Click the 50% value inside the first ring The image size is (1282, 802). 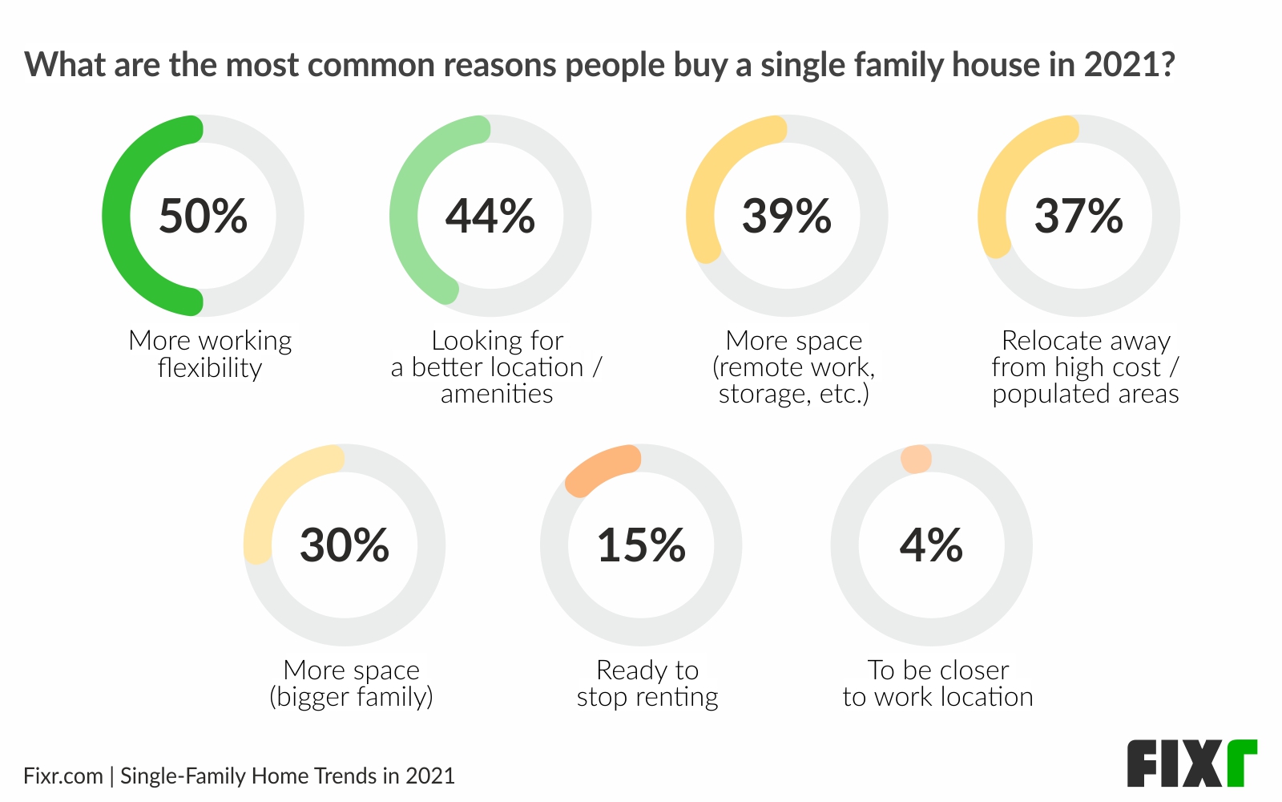tap(203, 217)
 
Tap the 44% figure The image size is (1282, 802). tap(490, 217)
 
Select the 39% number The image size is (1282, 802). tap(787, 217)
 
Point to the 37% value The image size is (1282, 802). tap(1078, 217)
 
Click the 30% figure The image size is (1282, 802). tap(345, 545)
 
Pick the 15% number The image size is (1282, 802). tap(641, 545)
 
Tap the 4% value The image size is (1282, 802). tap(931, 545)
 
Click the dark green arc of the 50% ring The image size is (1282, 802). tap(117, 217)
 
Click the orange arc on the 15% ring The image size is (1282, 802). tap(601, 469)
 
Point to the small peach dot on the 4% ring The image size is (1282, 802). tap(916, 460)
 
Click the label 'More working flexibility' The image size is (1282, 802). tap(210, 354)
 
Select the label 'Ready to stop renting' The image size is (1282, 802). tap(647, 683)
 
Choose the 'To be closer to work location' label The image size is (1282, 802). tap(937, 683)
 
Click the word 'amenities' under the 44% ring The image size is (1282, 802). tap(497, 394)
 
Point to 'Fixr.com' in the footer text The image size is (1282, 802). tap(63, 776)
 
